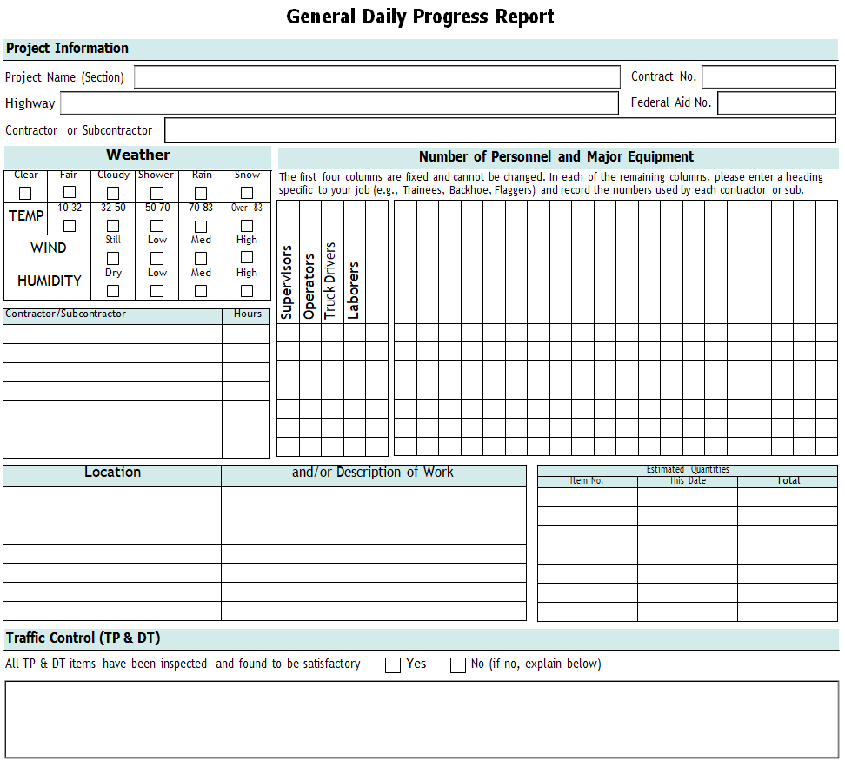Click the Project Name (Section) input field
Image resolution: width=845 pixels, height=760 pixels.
click(376, 77)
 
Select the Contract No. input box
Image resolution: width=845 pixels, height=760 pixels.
click(768, 77)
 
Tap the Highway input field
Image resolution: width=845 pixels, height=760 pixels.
click(339, 103)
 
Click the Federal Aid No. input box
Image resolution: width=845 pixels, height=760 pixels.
click(776, 103)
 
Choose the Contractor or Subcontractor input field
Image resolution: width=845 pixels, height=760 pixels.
click(500, 130)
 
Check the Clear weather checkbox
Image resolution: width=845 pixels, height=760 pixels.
click(26, 193)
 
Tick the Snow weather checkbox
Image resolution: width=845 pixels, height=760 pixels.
click(247, 193)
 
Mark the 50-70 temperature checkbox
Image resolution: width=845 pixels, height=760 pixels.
click(156, 226)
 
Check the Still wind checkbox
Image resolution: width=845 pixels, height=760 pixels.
click(113, 258)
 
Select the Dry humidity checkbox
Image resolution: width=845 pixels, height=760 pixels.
click(113, 291)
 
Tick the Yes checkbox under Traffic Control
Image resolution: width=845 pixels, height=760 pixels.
click(393, 665)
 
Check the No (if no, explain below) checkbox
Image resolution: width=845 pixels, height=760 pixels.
click(458, 665)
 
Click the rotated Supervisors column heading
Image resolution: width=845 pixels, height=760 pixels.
click(288, 281)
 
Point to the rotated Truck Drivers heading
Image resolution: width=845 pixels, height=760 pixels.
click(330, 280)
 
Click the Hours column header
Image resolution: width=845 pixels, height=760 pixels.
click(247, 314)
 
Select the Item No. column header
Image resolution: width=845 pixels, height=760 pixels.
click(587, 480)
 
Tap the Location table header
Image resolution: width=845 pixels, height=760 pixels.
click(112, 473)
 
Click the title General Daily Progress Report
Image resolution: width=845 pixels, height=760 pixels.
click(420, 17)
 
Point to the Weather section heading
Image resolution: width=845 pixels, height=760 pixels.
click(137, 155)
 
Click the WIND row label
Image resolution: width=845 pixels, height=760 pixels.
click(48, 248)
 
